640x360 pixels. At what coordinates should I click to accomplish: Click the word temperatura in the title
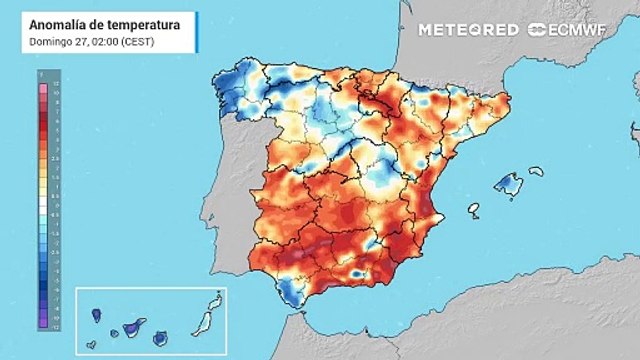[142, 23]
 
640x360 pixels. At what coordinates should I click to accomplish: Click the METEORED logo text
[468, 29]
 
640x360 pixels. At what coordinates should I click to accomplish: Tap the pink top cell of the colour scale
[43, 86]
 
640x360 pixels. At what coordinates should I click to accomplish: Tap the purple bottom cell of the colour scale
[43, 326]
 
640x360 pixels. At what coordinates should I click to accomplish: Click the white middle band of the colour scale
[43, 206]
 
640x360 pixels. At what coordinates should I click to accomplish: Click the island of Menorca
[536, 172]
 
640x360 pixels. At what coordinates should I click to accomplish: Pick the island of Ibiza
[473, 211]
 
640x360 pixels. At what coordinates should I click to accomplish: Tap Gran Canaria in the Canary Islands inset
[160, 338]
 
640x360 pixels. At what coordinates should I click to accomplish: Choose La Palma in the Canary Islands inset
[97, 315]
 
